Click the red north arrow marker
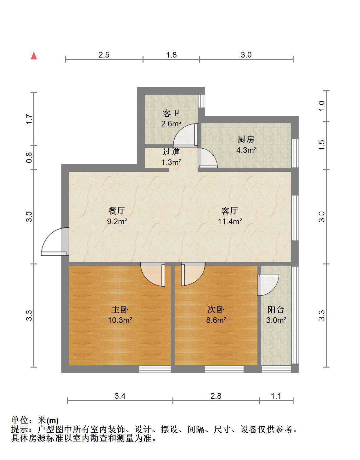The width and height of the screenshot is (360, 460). pyautogui.click(x=34, y=56)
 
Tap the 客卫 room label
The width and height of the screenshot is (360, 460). pyautogui.click(x=171, y=114)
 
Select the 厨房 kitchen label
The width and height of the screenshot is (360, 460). pyautogui.click(x=246, y=139)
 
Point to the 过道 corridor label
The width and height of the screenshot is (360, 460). pyautogui.click(x=171, y=152)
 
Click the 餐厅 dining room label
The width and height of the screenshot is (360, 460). pyautogui.click(x=117, y=211)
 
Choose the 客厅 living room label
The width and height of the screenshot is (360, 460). pyautogui.click(x=230, y=211)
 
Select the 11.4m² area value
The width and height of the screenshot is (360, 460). pyautogui.click(x=230, y=221)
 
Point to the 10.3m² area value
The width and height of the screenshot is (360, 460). pyautogui.click(x=120, y=320)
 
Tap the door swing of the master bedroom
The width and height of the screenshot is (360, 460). pyautogui.click(x=153, y=274)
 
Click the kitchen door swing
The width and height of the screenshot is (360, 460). pyautogui.click(x=207, y=158)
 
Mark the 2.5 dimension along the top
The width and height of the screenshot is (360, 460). pyautogui.click(x=104, y=55)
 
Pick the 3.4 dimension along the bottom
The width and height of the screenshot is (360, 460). pyautogui.click(x=120, y=396)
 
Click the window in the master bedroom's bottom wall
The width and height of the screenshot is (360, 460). pyautogui.click(x=155, y=369)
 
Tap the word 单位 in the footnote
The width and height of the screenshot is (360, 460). pyautogui.click(x=20, y=420)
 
